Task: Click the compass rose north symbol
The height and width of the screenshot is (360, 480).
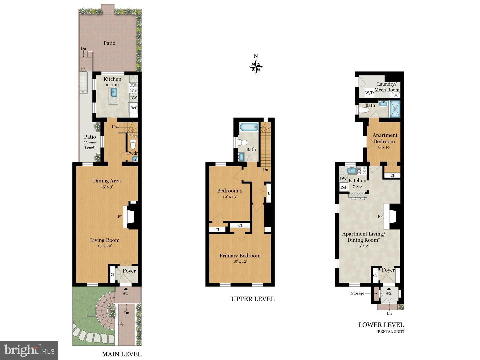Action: (256, 67)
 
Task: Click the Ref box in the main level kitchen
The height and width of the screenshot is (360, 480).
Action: (133, 108)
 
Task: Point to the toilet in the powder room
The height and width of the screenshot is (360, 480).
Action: (133, 145)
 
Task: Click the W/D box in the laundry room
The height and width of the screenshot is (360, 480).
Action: (369, 93)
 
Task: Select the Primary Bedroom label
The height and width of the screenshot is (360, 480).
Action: (240, 256)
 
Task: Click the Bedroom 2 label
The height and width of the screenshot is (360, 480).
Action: (230, 191)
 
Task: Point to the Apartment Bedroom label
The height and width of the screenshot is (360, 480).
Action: (385, 138)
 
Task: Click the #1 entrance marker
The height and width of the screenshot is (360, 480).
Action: (125, 293)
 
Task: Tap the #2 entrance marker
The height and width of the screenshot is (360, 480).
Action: (388, 293)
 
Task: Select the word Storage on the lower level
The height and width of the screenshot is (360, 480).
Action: (357, 293)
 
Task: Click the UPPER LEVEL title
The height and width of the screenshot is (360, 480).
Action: (253, 299)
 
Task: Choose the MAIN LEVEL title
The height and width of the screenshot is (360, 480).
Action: (121, 354)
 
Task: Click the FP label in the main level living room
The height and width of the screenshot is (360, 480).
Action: (120, 217)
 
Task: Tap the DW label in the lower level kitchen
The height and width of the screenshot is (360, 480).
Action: (343, 179)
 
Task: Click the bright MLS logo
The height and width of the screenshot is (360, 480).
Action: (29, 350)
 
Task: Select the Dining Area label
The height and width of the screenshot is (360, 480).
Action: (107, 181)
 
